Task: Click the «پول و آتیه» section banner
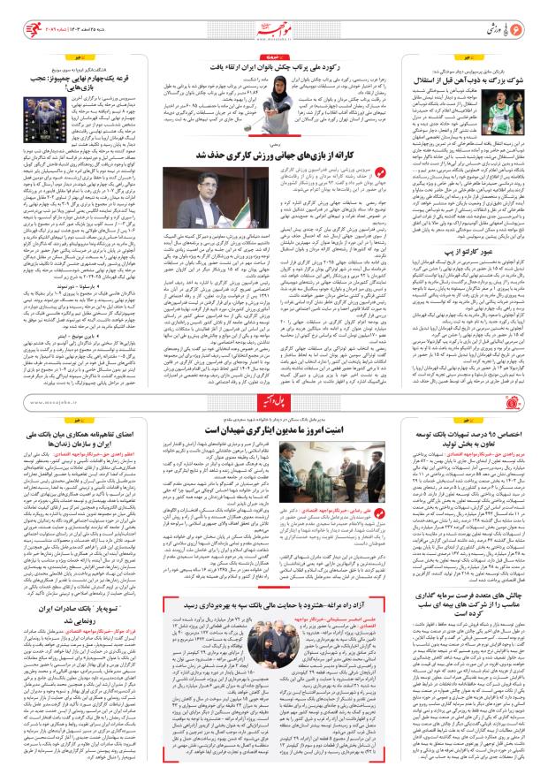(x=274, y=403)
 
